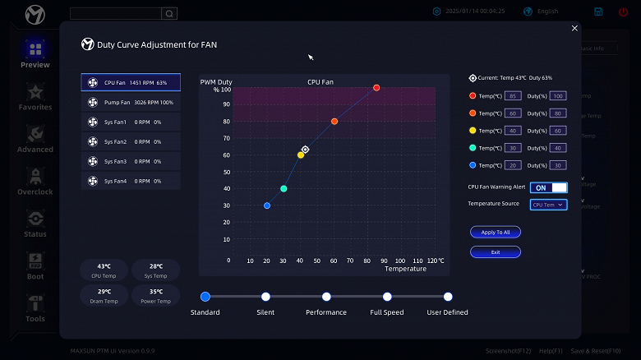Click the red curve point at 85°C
click(376, 88)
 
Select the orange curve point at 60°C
click(334, 122)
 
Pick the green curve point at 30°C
click(284, 189)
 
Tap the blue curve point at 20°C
click(267, 205)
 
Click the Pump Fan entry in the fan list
click(131, 103)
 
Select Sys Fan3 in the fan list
click(131, 161)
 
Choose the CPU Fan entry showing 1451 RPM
click(131, 83)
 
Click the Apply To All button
click(496, 233)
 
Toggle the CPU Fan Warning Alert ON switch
click(549, 187)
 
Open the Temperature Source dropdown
click(548, 205)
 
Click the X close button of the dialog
click(574, 28)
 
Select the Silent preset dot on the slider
click(265, 297)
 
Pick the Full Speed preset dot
click(387, 297)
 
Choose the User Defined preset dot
click(448, 297)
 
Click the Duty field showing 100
click(558, 96)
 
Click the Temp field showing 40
click(514, 131)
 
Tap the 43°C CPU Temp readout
click(104, 270)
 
